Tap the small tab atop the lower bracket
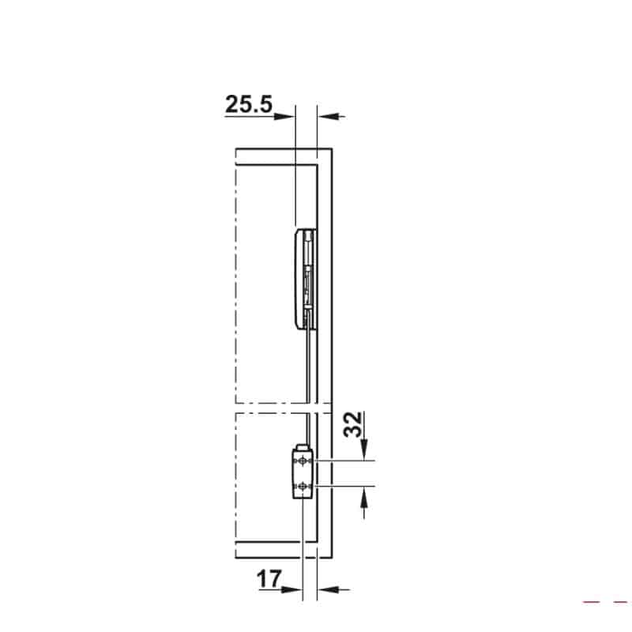299,447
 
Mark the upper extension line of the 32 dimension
348,460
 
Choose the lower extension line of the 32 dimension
348,485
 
